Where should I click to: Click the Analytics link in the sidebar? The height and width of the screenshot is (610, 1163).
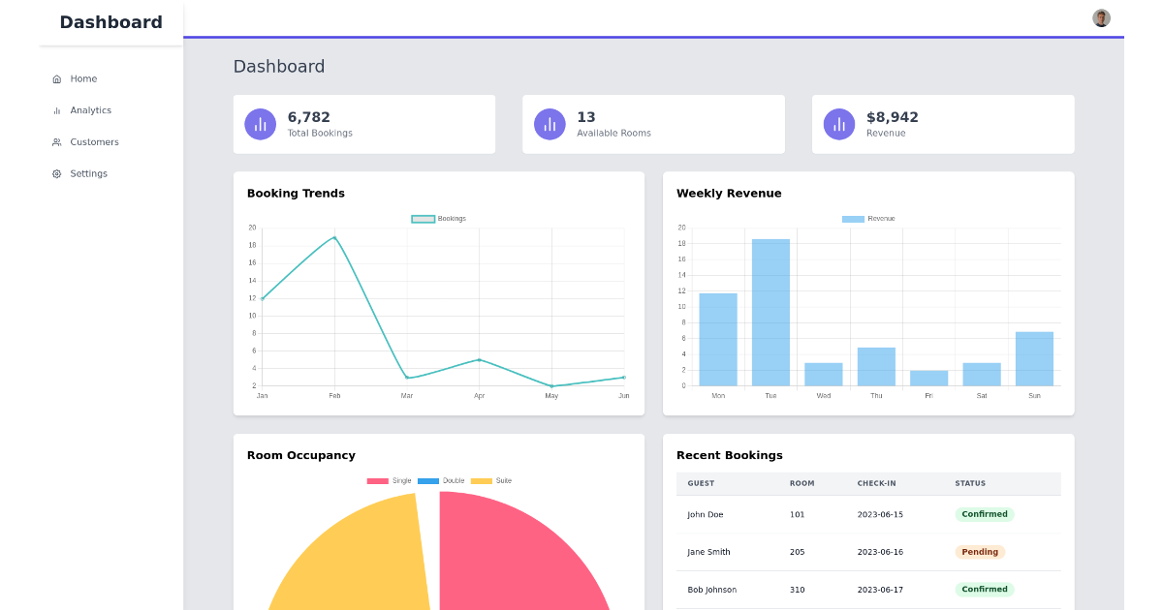click(90, 110)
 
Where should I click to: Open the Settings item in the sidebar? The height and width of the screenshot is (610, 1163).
click(88, 173)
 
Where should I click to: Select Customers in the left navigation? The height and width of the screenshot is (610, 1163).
click(94, 142)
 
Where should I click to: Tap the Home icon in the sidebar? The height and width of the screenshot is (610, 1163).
click(56, 79)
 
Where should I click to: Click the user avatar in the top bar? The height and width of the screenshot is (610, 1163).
click(1101, 18)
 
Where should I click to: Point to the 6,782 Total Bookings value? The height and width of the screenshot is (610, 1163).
click(308, 117)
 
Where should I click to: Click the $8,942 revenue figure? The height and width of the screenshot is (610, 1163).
click(892, 117)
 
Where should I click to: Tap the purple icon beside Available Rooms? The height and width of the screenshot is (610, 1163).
click(550, 124)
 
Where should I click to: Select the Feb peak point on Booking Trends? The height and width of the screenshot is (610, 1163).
click(334, 237)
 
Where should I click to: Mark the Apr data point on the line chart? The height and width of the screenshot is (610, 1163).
click(479, 360)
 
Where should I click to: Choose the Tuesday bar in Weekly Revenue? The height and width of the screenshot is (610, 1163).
click(770, 312)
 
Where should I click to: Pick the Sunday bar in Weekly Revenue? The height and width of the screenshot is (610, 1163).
click(1034, 358)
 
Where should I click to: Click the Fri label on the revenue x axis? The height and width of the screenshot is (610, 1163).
click(928, 396)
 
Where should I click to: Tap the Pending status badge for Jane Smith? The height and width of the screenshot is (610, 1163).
click(980, 552)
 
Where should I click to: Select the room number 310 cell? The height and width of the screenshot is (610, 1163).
click(797, 590)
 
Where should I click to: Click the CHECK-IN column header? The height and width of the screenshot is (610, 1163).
click(876, 483)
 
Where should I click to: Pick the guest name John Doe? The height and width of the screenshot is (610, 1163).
click(705, 515)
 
